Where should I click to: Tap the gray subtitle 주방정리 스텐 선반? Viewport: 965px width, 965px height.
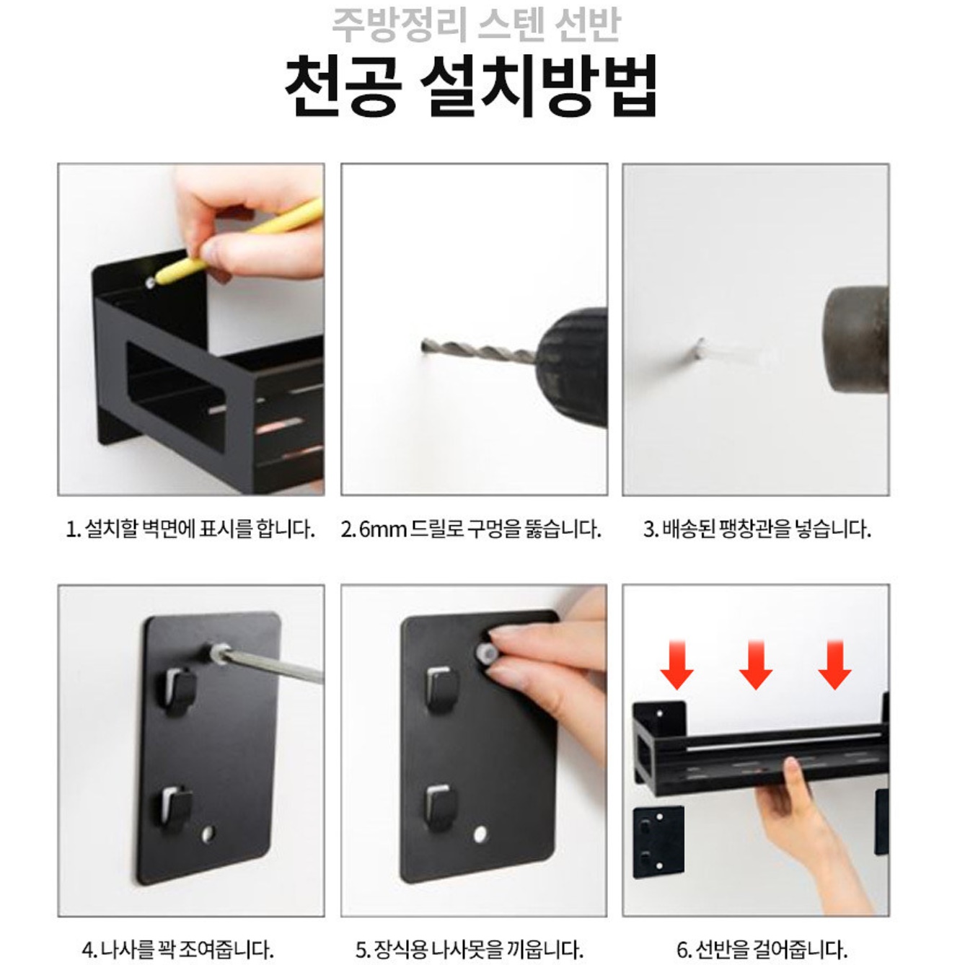click(476, 23)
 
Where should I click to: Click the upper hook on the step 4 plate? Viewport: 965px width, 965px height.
click(177, 689)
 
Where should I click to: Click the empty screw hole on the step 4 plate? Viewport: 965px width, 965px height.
click(208, 834)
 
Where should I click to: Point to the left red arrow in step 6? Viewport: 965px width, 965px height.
click(677, 664)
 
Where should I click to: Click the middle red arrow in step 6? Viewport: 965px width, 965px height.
click(755, 664)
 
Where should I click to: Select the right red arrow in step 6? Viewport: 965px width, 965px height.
click(834, 664)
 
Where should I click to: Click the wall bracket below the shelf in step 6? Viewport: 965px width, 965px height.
click(658, 842)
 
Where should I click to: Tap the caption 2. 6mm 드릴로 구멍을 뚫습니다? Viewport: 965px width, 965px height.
click(471, 530)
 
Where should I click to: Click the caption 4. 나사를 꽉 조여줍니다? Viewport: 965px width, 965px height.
click(178, 948)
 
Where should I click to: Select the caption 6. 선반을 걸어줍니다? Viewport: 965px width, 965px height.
click(761, 948)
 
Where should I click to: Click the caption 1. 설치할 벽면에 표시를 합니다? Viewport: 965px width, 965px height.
click(190, 530)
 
